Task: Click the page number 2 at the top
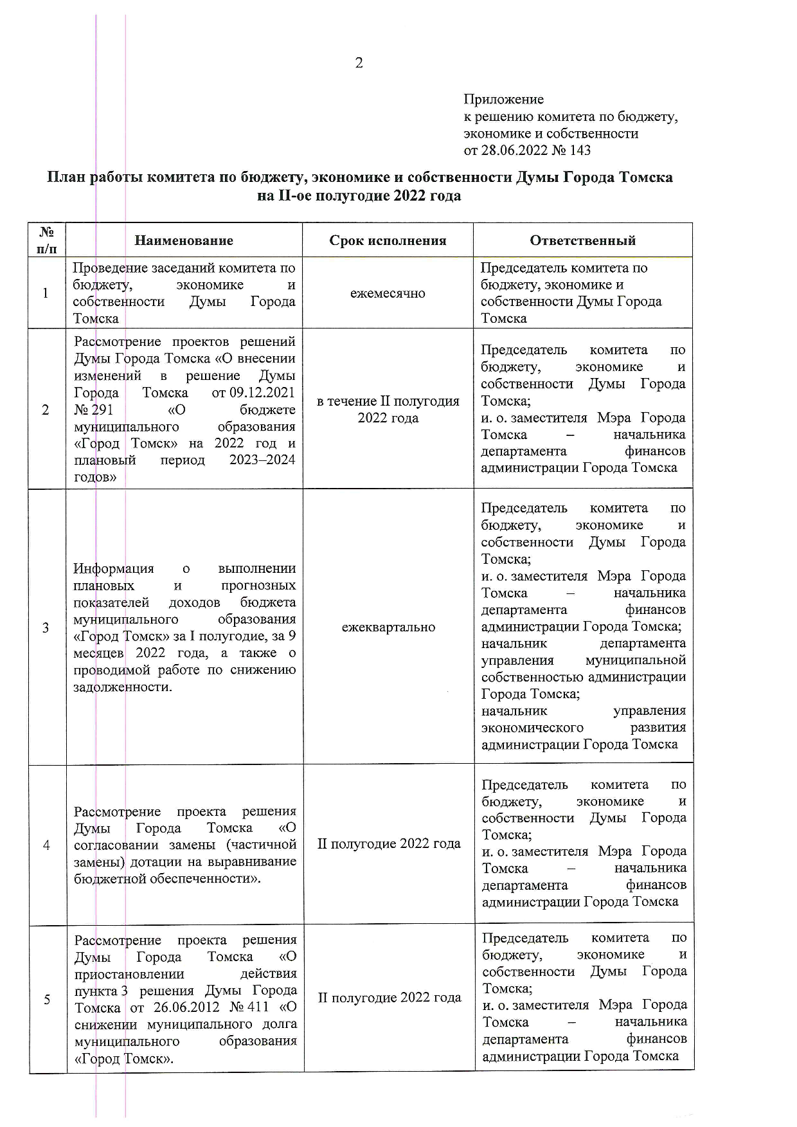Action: click(x=359, y=63)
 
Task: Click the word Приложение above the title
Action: click(x=503, y=100)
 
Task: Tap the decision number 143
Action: click(x=580, y=150)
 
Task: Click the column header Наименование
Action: click(x=184, y=240)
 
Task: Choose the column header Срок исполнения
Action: click(x=388, y=240)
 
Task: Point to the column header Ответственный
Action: click(x=582, y=240)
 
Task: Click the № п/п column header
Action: click(x=47, y=240)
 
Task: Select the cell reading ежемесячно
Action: click(x=388, y=293)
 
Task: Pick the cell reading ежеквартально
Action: click(x=388, y=627)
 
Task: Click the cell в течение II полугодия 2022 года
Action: click(x=388, y=410)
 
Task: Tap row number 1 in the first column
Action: click(x=46, y=293)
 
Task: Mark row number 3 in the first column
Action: click(x=46, y=627)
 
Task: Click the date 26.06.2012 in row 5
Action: click(x=186, y=1007)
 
